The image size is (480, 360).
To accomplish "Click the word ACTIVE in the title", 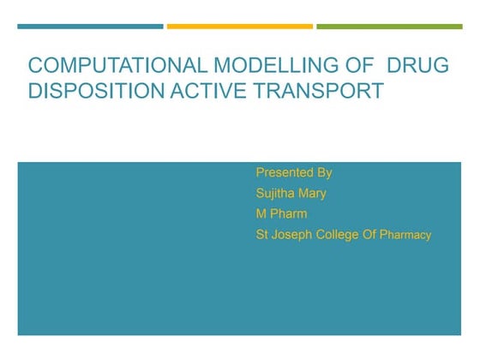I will point(201,91).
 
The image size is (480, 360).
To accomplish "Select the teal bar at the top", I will point(90,27).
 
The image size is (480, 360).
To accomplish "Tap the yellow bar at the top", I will point(239,27).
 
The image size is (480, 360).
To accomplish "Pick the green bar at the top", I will point(389,27).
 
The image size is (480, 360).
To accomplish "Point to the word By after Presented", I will point(324,172).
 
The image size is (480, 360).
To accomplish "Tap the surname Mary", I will point(313,193).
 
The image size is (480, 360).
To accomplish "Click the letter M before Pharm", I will point(261,213).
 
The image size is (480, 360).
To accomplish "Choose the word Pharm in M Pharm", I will point(290,213).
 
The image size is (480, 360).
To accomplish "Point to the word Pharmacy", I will point(405,235).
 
